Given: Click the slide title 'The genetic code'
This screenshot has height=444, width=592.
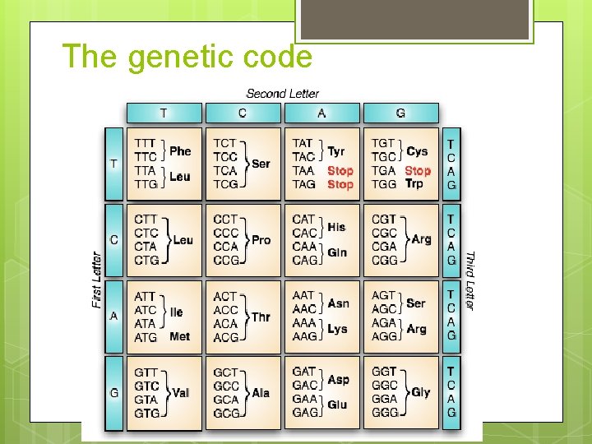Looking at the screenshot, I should coord(187,57).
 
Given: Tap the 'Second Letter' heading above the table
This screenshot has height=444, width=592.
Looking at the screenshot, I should coord(282,94).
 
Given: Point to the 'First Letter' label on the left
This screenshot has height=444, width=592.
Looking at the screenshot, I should coord(97,280).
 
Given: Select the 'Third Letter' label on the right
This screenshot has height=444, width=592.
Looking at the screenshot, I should coord(469,280).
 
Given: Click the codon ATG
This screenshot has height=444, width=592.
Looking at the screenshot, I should coord(146,337).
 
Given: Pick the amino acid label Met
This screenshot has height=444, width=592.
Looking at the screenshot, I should coord(179,336).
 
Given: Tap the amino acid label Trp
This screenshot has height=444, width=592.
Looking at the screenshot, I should coord(414,183).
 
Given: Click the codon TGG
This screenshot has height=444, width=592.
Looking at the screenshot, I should coord(385,184).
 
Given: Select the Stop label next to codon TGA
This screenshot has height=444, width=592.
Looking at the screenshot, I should coord(418,170).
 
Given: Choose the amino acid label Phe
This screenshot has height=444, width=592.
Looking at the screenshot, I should coord(180,150).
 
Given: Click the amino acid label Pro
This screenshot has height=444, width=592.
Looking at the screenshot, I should coord(261,239).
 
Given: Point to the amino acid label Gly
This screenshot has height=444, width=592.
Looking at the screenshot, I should coord(420,392).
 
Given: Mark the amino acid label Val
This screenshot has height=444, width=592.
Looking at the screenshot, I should coord(180,392).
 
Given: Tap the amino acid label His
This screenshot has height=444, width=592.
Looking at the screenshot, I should coord(336,226).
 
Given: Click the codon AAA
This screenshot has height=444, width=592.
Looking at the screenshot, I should coord(304,323).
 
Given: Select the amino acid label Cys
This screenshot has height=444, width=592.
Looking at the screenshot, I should coord(417,150).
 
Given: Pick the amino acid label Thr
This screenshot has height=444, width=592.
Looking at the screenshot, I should coord(261,317).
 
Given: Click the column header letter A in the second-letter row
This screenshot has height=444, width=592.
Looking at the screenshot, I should coord(321,113).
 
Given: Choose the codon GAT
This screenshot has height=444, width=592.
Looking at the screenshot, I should coord(304,372).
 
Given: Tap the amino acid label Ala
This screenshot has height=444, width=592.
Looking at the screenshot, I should coord(261,392).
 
